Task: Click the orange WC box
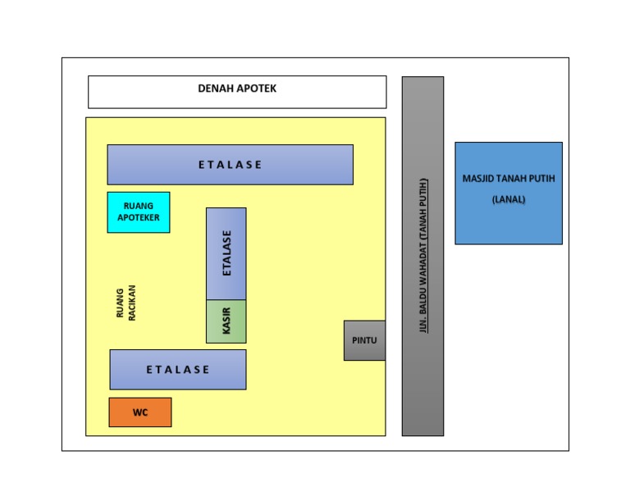coord(140,412)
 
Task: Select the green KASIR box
coord(226,321)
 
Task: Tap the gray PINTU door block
coord(364,340)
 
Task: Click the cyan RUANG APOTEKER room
coord(139,212)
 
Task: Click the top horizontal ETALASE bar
coord(231,165)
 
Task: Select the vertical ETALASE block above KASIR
coord(226,253)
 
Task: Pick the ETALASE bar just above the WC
coord(178,370)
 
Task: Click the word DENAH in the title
coord(216,89)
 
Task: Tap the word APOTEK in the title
coord(257,89)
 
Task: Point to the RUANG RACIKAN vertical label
coord(126,303)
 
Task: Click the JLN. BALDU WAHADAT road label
coord(424,255)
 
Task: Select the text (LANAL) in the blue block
coord(509,199)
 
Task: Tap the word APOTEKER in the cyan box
coord(139,218)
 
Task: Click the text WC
coord(140,413)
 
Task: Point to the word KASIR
coord(227,321)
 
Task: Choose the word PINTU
coord(364,340)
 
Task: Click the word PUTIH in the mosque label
coord(541,178)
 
